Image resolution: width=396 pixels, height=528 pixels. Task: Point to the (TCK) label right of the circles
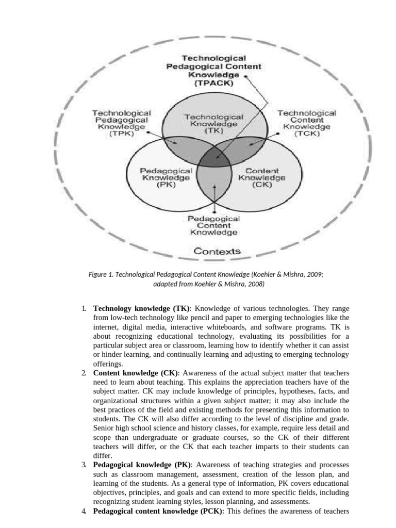(x=307, y=134)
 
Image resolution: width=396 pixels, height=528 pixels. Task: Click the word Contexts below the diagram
(x=217, y=252)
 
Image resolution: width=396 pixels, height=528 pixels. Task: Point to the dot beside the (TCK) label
(x=278, y=133)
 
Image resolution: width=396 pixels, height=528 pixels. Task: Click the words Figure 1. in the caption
(x=101, y=275)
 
